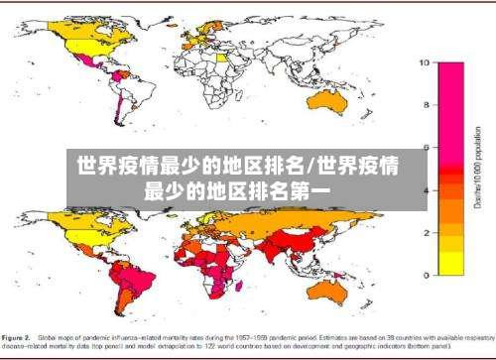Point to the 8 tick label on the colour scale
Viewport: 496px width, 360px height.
click(x=426, y=105)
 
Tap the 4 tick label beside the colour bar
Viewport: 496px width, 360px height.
click(x=426, y=190)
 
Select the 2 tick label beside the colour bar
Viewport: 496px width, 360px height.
click(x=426, y=232)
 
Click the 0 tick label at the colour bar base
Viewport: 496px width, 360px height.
click(x=426, y=275)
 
